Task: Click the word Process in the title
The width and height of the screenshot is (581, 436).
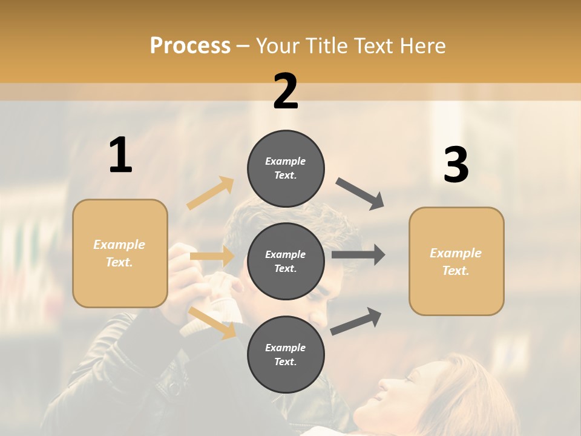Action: click(x=190, y=46)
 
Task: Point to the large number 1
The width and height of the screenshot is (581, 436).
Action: click(x=120, y=156)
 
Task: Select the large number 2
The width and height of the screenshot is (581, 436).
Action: click(x=286, y=91)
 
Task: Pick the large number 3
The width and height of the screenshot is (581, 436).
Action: click(x=456, y=165)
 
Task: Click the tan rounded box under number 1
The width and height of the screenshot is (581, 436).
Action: click(x=120, y=253)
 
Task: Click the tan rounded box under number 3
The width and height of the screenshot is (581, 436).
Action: click(x=456, y=261)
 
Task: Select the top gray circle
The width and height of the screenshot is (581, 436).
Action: click(x=286, y=168)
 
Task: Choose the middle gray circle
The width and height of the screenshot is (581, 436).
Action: click(x=286, y=261)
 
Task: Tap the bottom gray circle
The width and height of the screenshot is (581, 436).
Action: click(x=286, y=354)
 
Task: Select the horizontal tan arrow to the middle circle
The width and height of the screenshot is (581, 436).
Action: click(x=212, y=256)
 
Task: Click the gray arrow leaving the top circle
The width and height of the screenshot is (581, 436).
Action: click(x=360, y=194)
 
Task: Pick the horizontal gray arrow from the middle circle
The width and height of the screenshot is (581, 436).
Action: click(x=358, y=254)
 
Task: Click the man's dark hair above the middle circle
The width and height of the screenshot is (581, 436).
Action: click(x=254, y=212)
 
